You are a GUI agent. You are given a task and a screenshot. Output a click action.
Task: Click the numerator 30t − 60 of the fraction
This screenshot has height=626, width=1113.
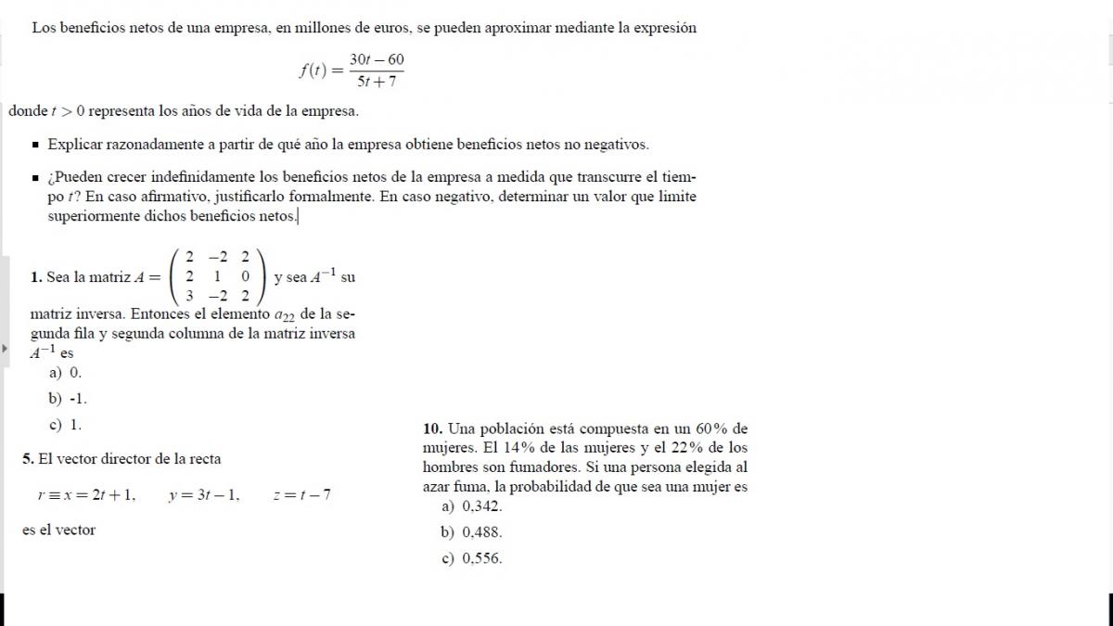click(x=377, y=59)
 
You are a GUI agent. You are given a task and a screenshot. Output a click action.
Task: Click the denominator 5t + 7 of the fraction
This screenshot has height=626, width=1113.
click(x=377, y=81)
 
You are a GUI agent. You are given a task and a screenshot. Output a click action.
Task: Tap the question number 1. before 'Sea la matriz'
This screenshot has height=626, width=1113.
click(x=36, y=276)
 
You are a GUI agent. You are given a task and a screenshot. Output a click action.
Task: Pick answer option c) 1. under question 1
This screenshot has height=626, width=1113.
click(x=66, y=425)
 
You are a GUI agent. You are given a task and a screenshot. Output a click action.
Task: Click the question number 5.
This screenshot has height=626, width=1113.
click(x=28, y=458)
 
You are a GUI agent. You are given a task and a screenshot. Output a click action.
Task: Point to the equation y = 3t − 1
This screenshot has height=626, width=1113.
click(x=204, y=495)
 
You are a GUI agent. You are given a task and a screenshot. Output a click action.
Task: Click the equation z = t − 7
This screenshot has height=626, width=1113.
click(x=301, y=495)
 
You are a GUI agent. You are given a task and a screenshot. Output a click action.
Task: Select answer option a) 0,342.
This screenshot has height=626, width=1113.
click(x=472, y=506)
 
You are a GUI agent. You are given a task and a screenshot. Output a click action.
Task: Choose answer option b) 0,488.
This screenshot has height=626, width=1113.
click(x=472, y=532)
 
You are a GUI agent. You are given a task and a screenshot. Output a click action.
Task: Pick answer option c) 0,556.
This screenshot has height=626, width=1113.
click(x=472, y=558)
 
